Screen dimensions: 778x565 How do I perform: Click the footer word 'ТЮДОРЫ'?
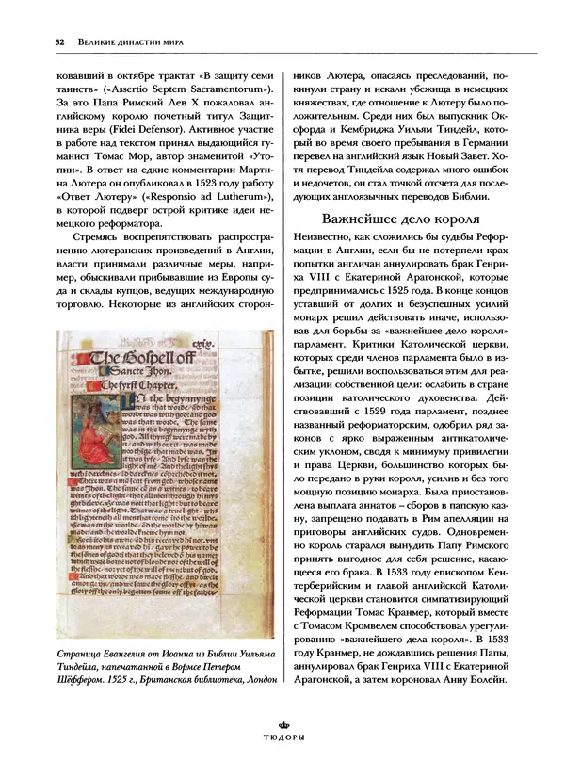282,737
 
